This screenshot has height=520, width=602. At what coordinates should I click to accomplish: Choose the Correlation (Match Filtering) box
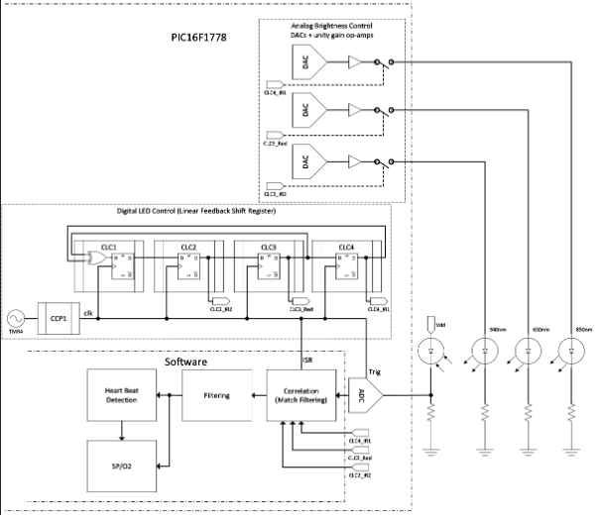[x=301, y=395]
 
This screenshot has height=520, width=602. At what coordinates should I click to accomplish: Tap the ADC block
[x=362, y=395]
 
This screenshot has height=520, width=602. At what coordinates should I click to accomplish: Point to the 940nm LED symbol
[x=485, y=351]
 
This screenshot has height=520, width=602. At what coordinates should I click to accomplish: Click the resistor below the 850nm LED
[x=571, y=415]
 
